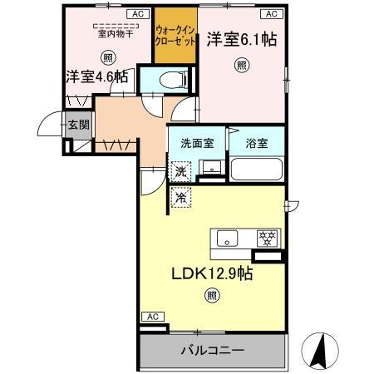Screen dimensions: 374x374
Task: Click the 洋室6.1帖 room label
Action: click(241, 38)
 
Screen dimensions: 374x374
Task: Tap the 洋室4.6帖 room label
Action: click(97, 77)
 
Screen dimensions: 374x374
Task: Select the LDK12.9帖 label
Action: click(212, 274)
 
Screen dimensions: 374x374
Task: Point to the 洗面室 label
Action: click(195, 142)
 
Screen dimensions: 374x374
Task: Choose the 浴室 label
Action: click(256, 142)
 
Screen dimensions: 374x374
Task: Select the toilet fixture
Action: click(169, 81)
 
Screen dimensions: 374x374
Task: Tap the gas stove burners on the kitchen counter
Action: click(268, 238)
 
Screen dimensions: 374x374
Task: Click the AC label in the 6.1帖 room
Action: click(271, 14)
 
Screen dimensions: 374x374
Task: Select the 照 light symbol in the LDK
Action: click(214, 295)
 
